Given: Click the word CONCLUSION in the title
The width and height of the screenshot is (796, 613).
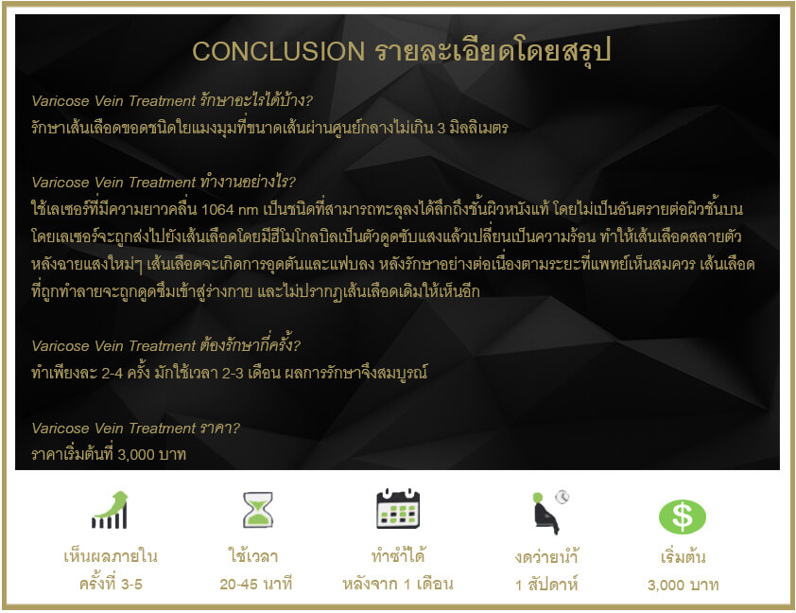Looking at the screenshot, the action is [278, 51].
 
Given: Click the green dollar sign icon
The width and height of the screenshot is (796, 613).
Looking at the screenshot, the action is [683, 517].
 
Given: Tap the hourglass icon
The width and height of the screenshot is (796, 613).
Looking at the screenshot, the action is [258, 509].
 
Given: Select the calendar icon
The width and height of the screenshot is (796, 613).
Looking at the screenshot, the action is [398, 508].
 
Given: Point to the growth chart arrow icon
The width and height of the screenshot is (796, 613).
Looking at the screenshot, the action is [110, 510].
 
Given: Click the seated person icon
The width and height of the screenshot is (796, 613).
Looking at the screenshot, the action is [549, 512].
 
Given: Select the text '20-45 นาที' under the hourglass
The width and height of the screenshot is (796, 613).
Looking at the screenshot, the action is [256, 584].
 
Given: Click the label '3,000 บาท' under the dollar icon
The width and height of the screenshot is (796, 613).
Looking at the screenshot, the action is [683, 585].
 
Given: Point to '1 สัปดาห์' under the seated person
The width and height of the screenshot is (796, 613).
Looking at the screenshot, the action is [546, 585].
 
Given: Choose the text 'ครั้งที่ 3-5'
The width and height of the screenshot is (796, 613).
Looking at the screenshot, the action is [111, 584].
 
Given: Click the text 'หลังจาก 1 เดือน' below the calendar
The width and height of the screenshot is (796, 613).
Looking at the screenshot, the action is [398, 584].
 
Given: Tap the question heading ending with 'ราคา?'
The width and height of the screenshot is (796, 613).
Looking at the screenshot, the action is [135, 429].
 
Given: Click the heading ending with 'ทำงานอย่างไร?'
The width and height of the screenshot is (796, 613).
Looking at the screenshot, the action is [164, 182].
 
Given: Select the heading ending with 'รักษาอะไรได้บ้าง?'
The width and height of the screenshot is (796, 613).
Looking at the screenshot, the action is [172, 100].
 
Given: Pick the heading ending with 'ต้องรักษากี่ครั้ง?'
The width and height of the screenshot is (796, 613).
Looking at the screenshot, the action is [166, 345].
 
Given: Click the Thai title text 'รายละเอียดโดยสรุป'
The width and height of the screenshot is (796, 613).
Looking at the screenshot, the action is [493, 51].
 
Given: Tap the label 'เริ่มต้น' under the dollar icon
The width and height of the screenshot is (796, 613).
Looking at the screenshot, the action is [683, 557].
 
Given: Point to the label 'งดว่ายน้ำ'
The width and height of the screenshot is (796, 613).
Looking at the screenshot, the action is [546, 556].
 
